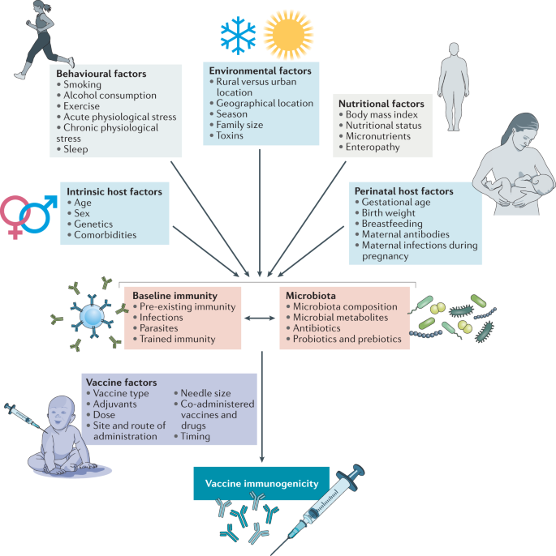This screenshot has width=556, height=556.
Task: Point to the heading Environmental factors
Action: click(x=261, y=71)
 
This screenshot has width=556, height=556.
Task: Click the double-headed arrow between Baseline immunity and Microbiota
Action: click(x=261, y=318)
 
